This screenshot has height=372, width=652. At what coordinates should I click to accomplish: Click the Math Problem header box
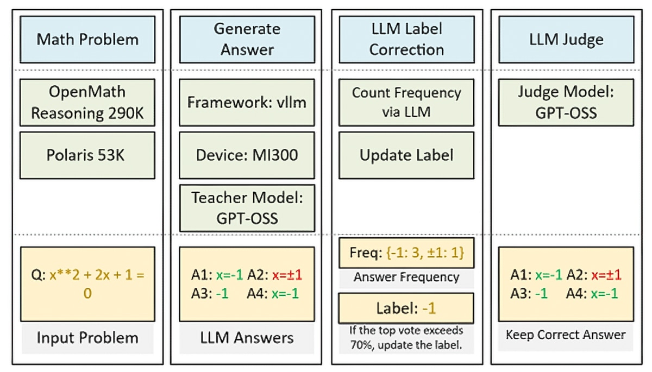click(87, 40)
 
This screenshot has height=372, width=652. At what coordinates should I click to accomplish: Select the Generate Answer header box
click(247, 40)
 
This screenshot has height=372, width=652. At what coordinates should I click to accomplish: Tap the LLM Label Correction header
click(406, 40)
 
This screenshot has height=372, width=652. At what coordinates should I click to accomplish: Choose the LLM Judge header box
click(566, 40)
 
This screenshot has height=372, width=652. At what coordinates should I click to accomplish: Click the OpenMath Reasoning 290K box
click(87, 103)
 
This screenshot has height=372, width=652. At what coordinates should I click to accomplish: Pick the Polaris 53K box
click(87, 155)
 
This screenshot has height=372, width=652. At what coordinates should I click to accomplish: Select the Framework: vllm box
click(247, 103)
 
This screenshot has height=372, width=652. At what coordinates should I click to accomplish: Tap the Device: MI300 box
click(247, 155)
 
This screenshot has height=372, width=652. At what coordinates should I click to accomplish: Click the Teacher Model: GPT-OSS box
click(247, 209)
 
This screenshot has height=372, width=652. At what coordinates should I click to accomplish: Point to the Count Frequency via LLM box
click(406, 103)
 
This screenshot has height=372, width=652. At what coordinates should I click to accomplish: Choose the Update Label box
click(406, 155)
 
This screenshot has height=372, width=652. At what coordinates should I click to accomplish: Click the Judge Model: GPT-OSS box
click(566, 103)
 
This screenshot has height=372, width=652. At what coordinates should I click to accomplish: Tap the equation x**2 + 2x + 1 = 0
click(95, 284)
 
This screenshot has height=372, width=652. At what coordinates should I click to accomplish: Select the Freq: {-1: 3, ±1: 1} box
click(406, 253)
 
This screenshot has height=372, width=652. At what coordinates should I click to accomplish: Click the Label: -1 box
click(406, 308)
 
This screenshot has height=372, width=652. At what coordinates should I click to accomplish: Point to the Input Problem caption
click(87, 338)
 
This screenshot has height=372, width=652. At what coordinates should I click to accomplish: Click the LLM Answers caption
click(247, 338)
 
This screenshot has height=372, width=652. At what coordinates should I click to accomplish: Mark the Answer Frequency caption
click(406, 278)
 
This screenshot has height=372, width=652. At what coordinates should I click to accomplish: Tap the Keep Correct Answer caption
click(566, 335)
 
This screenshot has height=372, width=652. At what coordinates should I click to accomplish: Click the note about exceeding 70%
click(406, 338)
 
